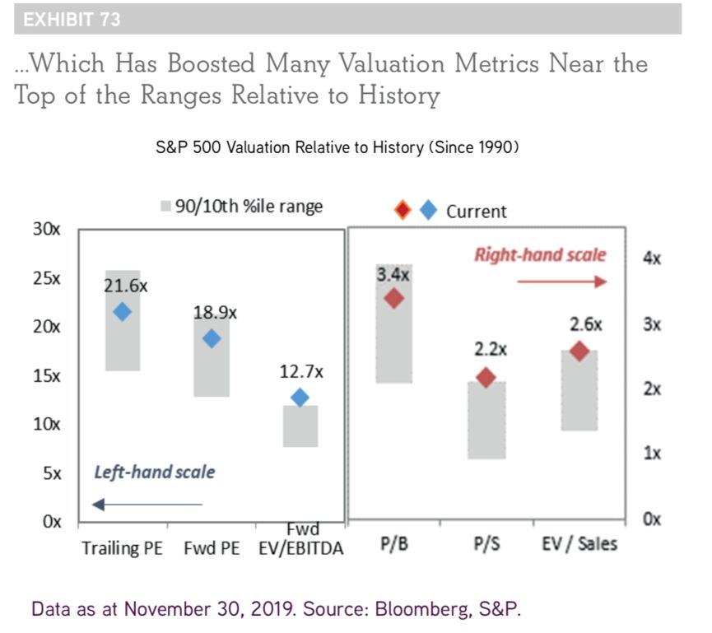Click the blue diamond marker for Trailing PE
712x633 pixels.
point(123,311)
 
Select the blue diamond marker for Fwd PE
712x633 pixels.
point(212,338)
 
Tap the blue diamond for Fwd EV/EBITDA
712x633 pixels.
point(300,398)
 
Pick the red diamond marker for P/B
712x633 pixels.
point(393,298)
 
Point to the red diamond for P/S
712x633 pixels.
point(486,378)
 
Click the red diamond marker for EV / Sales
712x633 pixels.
point(579,351)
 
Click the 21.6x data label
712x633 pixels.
point(126,286)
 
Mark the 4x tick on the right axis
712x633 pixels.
point(652,258)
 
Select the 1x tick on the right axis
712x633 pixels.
point(652,454)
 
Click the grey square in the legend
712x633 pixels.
point(165,207)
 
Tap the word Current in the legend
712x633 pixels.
point(477,212)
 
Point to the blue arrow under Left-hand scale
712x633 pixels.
point(147,504)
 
